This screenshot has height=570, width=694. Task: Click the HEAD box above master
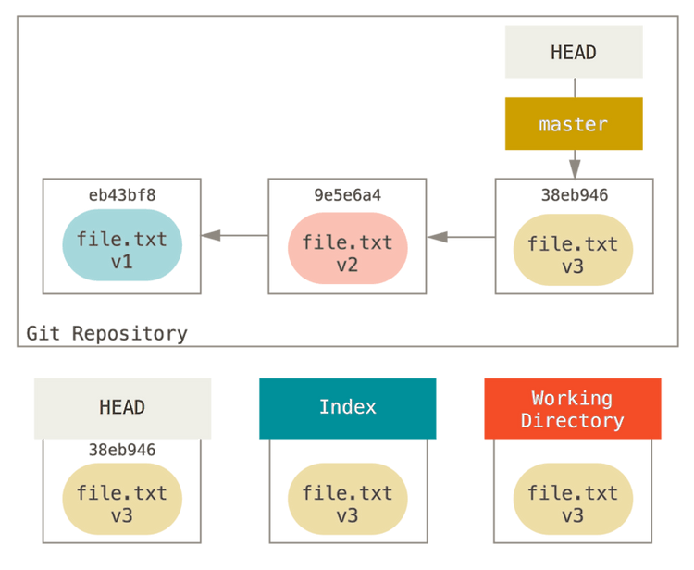[574, 52]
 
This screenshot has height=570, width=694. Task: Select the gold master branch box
[574, 123]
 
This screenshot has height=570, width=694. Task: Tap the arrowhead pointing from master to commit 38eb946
[575, 170]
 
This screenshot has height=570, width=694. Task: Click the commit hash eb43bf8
[122, 194]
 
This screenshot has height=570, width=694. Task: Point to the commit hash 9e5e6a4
[347, 194]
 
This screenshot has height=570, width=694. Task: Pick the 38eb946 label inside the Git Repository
[575, 194]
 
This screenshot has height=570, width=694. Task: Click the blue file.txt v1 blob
[122, 245]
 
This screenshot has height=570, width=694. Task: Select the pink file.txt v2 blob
[347, 248]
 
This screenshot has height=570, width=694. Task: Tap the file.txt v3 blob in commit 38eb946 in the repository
[573, 250]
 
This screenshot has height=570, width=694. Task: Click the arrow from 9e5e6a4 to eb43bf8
[235, 235]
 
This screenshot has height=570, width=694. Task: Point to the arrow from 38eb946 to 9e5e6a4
[461, 237]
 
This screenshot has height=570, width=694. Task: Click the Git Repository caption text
[106, 333]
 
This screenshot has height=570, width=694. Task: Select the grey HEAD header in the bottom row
[122, 408]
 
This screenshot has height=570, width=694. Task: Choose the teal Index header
[347, 408]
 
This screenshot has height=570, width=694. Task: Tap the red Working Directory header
[573, 408]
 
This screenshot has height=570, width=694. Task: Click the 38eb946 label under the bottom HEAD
[122, 450]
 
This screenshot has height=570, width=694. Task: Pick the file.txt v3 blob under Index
[347, 499]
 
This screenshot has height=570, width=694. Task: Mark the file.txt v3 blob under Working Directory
[573, 499]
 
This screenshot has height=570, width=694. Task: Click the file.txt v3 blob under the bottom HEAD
[122, 499]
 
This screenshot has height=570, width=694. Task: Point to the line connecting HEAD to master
[575, 88]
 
